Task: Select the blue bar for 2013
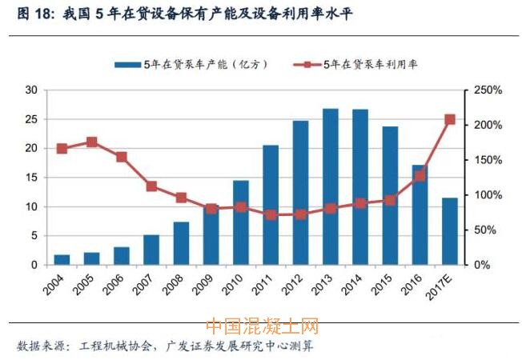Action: point(331,186)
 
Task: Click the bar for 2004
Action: point(62,259)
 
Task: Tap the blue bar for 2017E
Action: point(450,231)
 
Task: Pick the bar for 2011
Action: point(271,205)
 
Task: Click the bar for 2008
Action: point(181,243)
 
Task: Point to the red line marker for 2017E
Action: point(450,119)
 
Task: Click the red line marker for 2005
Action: point(91,142)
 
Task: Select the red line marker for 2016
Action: point(420,175)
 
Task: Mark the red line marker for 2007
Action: point(151,186)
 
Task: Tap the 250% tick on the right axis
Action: point(486,90)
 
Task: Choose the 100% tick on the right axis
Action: point(486,195)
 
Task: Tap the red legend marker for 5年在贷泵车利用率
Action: point(307,64)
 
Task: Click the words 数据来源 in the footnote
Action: point(38,346)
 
